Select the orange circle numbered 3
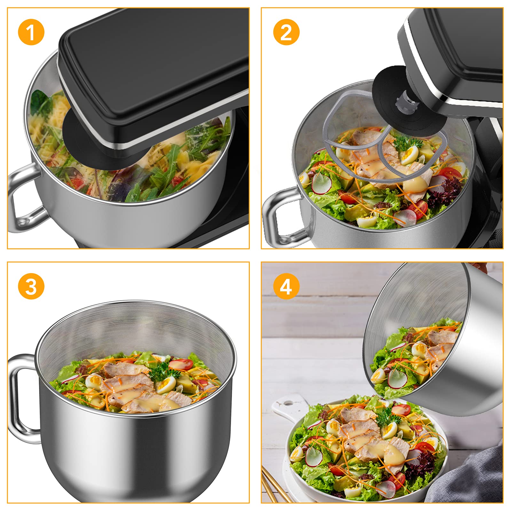pos(31,286)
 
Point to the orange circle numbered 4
pos(286,286)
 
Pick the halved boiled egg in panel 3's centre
pos(166,384)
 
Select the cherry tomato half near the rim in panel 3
pos(180,365)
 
